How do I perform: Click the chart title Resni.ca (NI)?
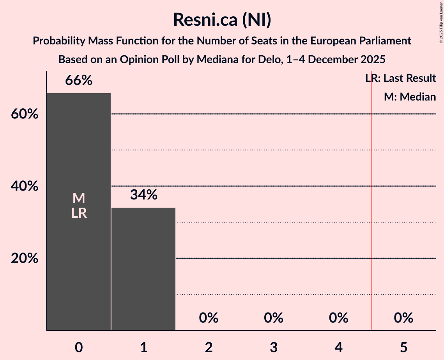point(222,20)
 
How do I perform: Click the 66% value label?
point(79,81)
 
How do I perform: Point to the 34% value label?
point(143,195)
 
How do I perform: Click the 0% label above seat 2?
point(209,318)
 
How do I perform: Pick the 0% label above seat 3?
point(274,318)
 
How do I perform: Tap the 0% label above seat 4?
point(338,318)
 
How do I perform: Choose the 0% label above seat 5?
point(403,318)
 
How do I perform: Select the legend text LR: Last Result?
point(401,78)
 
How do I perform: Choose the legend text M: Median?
point(410,97)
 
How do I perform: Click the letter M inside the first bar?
point(79,198)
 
